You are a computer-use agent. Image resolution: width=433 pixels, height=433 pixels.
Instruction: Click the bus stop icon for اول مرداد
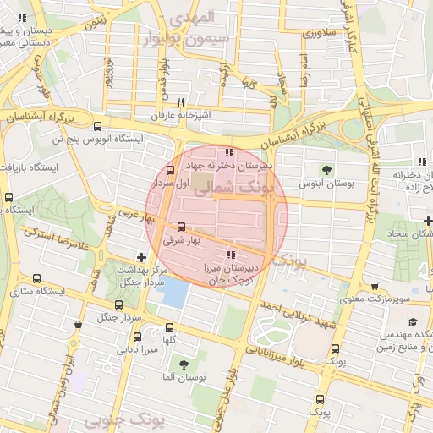point(171,170)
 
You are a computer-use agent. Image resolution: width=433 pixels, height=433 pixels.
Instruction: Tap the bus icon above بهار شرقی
point(181,227)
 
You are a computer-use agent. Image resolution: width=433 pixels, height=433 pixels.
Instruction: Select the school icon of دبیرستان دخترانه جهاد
point(229,152)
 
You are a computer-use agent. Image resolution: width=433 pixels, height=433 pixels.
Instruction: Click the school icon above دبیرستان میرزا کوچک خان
point(231,255)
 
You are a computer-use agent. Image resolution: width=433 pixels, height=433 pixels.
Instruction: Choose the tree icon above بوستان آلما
point(184,364)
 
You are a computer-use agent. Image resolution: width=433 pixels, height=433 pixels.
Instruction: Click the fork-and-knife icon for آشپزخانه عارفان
point(178,101)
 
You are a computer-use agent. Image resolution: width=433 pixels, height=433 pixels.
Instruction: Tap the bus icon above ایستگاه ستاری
point(36,278)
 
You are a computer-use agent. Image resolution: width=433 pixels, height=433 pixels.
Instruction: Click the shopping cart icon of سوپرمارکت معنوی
point(375,286)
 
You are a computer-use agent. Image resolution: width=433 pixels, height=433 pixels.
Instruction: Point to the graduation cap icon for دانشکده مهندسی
point(412,321)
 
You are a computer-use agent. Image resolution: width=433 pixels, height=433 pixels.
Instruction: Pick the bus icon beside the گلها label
point(170,327)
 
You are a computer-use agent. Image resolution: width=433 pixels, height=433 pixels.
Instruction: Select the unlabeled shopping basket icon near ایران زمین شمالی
point(79,324)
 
